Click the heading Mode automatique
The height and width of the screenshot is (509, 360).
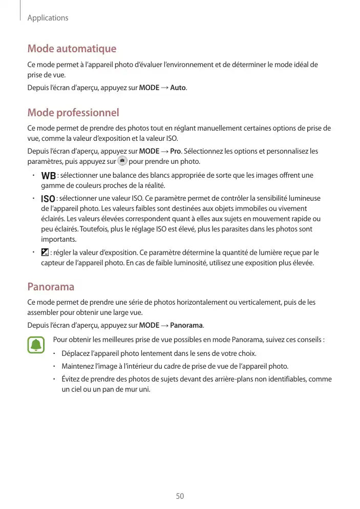pos(72,49)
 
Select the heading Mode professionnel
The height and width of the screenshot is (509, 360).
pos(73,113)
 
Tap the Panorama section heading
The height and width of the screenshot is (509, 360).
pos(51,286)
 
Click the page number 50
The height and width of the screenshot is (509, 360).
pos(180,496)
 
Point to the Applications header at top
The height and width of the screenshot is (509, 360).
pos(48,18)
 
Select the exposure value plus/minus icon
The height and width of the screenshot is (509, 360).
pos(45,252)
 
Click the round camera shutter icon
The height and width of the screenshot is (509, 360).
pos(122,161)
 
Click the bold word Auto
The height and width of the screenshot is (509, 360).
pos(178,88)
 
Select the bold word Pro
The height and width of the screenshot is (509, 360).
pos(176,152)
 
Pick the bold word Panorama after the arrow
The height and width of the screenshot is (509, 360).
pos(186,325)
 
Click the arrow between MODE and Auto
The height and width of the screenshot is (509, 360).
pos(164,88)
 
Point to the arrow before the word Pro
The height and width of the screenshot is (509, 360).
pos(164,152)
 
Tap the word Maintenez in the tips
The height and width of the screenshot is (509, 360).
pos(78,367)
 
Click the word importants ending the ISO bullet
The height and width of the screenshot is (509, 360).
pos(59,240)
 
